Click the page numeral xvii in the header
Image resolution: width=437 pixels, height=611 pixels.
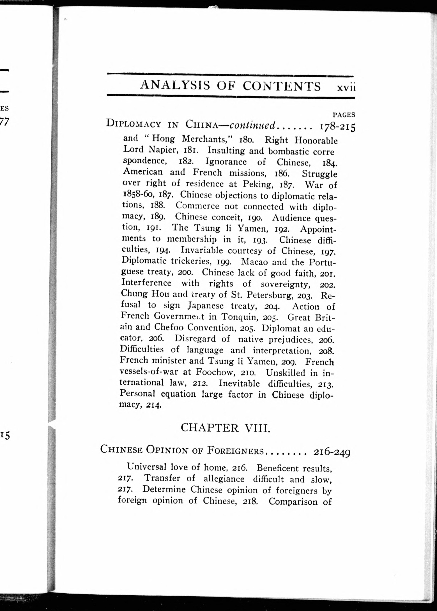pyautogui.click(x=346, y=88)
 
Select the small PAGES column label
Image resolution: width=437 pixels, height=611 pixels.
pyautogui.click(x=344, y=115)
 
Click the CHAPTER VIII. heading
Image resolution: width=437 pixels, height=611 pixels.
pyautogui.click(x=225, y=428)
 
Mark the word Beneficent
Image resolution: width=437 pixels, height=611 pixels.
pyautogui.click(x=277, y=468)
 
